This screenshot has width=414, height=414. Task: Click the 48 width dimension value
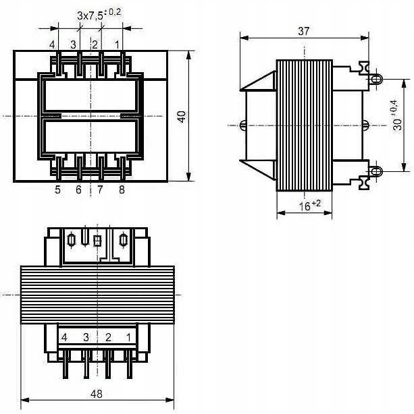(x=97, y=394)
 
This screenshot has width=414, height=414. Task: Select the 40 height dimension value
(x=182, y=116)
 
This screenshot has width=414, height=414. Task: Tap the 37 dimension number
(x=304, y=31)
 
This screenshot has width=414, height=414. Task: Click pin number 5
(x=57, y=190)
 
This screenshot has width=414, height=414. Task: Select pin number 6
(x=78, y=190)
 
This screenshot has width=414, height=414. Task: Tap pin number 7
(x=99, y=190)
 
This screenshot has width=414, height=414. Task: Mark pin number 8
(x=121, y=190)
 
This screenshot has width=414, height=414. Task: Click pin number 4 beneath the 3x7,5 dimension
(x=52, y=45)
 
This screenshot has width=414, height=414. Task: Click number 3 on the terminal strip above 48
(x=86, y=336)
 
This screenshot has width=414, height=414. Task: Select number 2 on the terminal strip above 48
(x=107, y=336)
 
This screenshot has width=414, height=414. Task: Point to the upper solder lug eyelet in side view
(x=376, y=79)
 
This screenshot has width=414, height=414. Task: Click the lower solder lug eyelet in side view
(x=376, y=171)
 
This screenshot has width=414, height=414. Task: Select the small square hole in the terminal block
(x=97, y=240)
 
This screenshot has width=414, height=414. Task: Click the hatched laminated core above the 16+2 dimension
(x=305, y=125)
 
